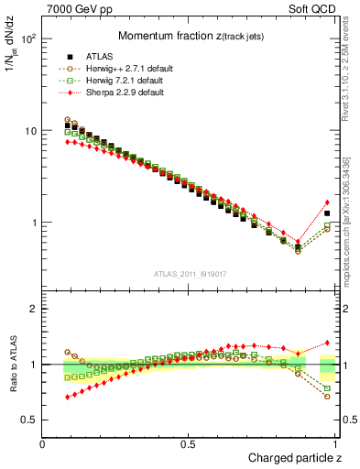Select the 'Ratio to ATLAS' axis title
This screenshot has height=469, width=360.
tap(12, 365)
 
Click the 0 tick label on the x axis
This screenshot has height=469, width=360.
tap(43, 443)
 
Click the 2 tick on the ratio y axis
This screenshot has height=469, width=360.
tap(34, 309)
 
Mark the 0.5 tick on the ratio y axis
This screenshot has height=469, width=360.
tap(29, 420)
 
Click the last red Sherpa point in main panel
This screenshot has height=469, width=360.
tap(327, 202)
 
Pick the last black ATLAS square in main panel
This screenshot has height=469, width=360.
tap(327, 213)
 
